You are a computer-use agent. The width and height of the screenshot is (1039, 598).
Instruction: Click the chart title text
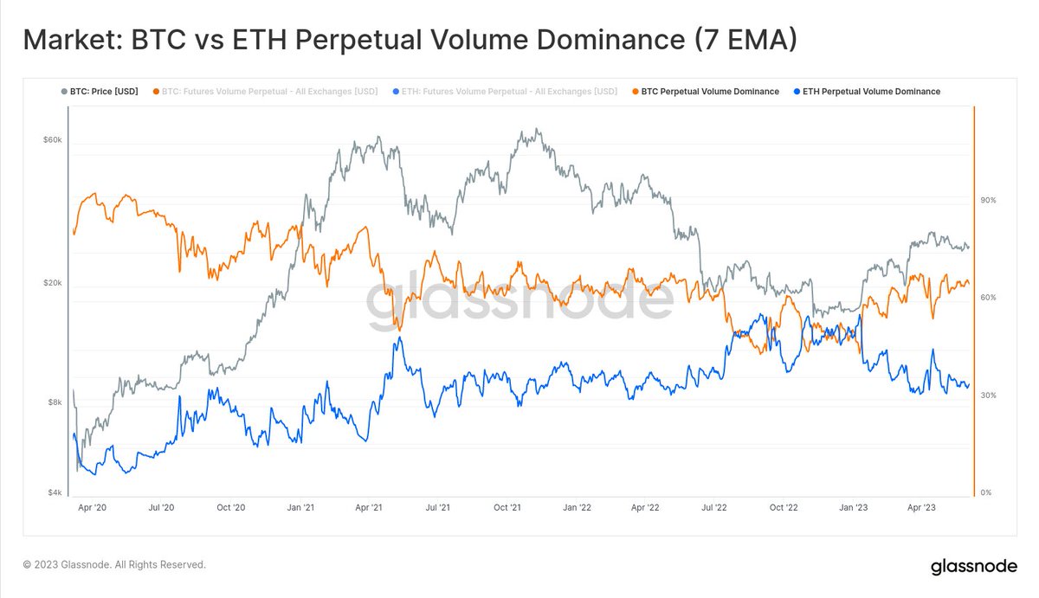(x=409, y=40)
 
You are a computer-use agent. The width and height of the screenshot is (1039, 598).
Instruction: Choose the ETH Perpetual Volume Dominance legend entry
(x=869, y=92)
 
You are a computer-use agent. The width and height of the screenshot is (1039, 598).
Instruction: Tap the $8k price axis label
(x=54, y=402)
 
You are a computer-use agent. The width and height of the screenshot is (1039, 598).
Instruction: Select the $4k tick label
(x=54, y=493)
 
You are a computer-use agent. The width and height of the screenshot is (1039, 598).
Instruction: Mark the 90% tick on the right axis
(x=988, y=200)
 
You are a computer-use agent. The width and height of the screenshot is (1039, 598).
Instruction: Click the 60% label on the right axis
(x=988, y=298)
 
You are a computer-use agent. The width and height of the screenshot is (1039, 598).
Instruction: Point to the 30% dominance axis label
(x=988, y=395)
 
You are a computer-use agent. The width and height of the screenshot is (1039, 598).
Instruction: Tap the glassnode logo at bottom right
(x=972, y=568)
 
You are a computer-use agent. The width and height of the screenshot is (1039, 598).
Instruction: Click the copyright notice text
(x=114, y=564)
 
